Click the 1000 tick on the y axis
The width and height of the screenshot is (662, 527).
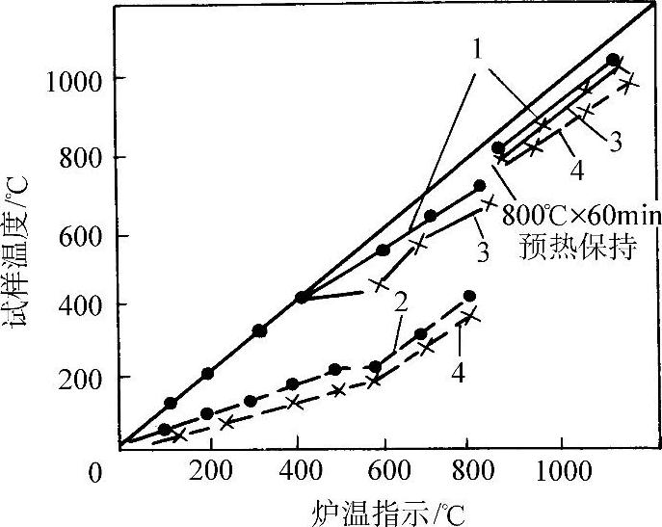71,78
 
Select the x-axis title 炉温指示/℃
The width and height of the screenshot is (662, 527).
390,510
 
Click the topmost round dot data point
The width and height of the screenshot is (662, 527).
613,60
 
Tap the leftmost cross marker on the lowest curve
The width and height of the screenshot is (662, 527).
177,435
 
